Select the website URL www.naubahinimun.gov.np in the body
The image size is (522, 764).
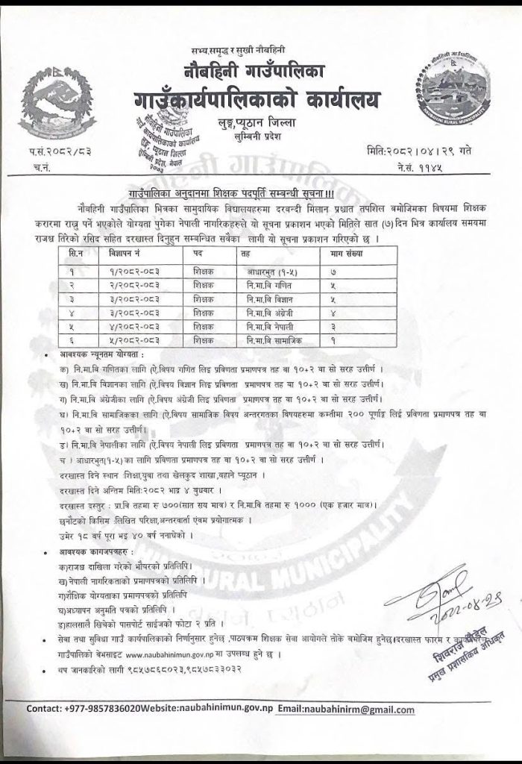[172, 651]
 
